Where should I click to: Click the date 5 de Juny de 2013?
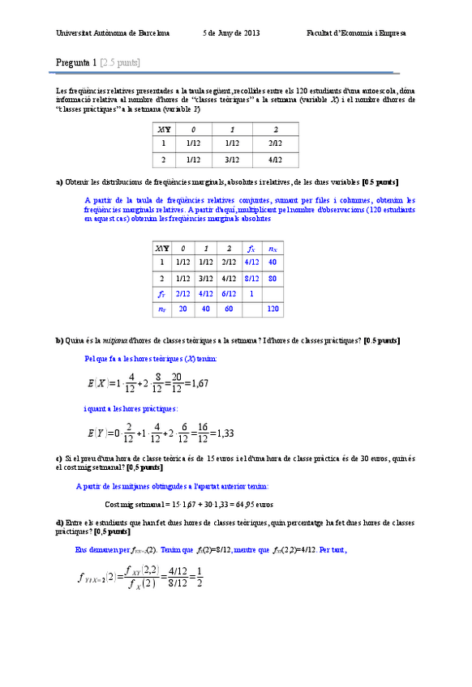click(231, 33)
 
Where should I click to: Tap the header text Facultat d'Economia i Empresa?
click(356, 33)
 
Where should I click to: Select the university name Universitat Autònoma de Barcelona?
click(113, 33)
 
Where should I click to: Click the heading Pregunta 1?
click(76, 62)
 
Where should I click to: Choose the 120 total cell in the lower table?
click(272, 309)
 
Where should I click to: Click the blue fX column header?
click(251, 248)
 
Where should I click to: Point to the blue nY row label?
click(161, 309)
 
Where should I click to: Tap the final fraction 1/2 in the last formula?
click(200, 583)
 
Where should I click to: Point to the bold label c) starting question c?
click(59, 459)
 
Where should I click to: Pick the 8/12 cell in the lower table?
click(251, 278)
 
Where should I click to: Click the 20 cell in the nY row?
click(182, 309)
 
